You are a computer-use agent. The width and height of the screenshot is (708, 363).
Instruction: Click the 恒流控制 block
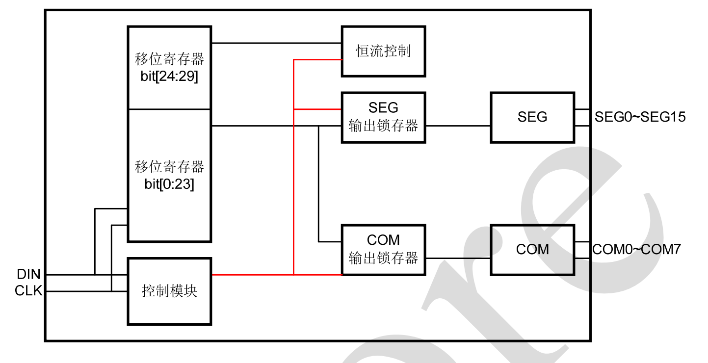383,52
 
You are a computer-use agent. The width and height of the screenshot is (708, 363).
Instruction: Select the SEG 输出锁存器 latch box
383,117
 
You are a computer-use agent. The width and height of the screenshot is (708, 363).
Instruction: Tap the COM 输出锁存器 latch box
383,250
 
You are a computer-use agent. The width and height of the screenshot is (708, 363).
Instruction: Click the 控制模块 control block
169,291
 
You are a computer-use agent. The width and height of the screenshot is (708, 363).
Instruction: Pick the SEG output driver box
532,117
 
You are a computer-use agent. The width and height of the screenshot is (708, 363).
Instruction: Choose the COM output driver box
532,250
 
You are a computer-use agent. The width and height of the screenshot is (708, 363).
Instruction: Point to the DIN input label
28,275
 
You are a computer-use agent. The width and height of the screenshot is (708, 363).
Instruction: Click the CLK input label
28,291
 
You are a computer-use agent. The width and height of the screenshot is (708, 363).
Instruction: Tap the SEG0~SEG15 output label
640,117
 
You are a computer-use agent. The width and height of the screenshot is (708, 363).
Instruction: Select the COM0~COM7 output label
636,249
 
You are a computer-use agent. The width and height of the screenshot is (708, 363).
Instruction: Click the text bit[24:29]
169,77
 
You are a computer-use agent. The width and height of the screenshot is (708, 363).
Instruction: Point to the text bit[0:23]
169,185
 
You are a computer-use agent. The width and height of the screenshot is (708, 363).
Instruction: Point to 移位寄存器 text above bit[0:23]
169,167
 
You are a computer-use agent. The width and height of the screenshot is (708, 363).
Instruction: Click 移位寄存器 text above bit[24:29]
169,60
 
